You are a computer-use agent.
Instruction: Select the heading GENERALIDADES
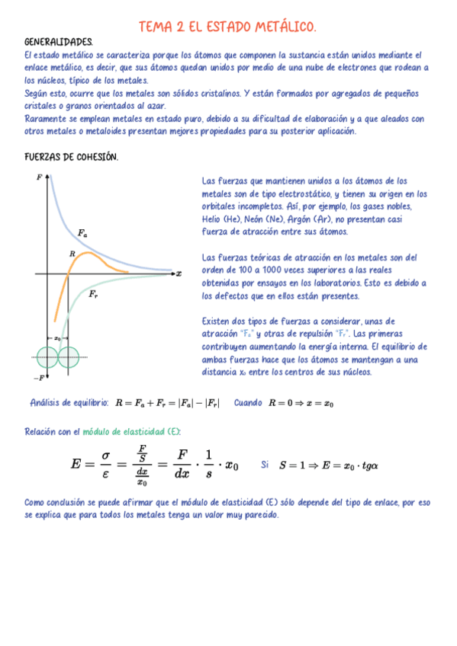tap(59, 43)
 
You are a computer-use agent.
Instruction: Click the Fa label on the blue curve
tap(82, 232)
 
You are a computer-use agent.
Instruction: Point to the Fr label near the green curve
tap(92, 293)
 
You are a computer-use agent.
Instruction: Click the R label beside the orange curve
tap(72, 254)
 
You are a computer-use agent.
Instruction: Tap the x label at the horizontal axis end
tap(179, 273)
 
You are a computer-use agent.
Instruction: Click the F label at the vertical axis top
tap(39, 177)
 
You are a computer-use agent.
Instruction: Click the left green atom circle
tap(48, 356)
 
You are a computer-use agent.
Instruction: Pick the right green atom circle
tap(69, 356)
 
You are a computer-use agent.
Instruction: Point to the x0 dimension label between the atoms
tap(57, 337)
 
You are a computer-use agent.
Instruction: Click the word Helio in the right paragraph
tap(214, 219)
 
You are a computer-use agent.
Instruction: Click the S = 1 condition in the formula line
tap(295, 464)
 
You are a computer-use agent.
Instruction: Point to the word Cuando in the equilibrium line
tap(248, 402)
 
